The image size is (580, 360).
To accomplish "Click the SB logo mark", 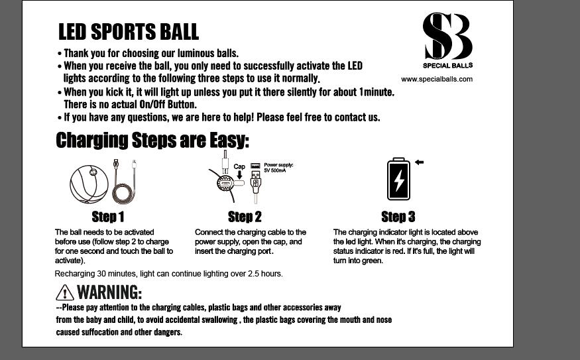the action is coord(447,36).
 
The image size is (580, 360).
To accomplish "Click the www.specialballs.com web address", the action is coord(436,79).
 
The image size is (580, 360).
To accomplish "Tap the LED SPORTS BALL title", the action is coord(129,31).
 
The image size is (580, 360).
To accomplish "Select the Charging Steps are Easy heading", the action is coord(152,140).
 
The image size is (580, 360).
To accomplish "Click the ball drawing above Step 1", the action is coord(89,184).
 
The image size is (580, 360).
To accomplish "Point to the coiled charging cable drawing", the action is coord(125,182).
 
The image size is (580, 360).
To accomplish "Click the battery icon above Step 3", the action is coord(398,179).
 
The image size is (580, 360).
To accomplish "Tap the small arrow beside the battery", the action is coord(419,162).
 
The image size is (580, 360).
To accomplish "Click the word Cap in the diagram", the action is coord(239,166).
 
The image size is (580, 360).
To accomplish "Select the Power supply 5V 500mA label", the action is coord(278,168).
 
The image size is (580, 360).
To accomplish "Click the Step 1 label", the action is coord(107,217).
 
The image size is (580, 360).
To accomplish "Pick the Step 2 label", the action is coord(245,217).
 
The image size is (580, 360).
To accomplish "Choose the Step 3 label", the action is coord(398,217).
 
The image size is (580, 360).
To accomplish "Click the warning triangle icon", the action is coord(65,292).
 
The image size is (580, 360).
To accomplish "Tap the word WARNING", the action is coord(109,292).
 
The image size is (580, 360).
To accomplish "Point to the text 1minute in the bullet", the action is coord(377,91).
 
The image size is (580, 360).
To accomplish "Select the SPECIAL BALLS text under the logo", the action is coord(447,66).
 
